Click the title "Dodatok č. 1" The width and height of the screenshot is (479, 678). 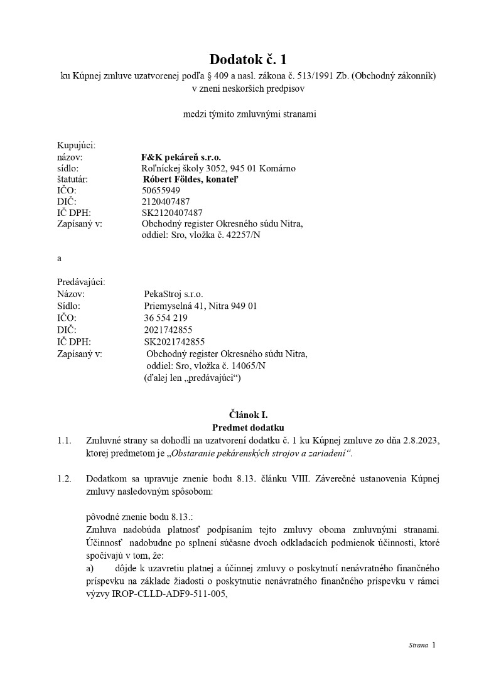[x=239, y=60]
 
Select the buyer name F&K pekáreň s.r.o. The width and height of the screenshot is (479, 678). [x=182, y=156]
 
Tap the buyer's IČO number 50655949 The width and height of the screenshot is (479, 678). [x=161, y=190]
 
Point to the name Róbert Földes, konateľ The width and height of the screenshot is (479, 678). [x=191, y=179]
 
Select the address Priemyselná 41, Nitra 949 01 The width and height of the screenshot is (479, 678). [x=200, y=306]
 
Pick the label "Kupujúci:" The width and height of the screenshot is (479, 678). [x=76, y=145]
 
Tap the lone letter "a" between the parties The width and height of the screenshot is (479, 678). [x=59, y=259]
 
